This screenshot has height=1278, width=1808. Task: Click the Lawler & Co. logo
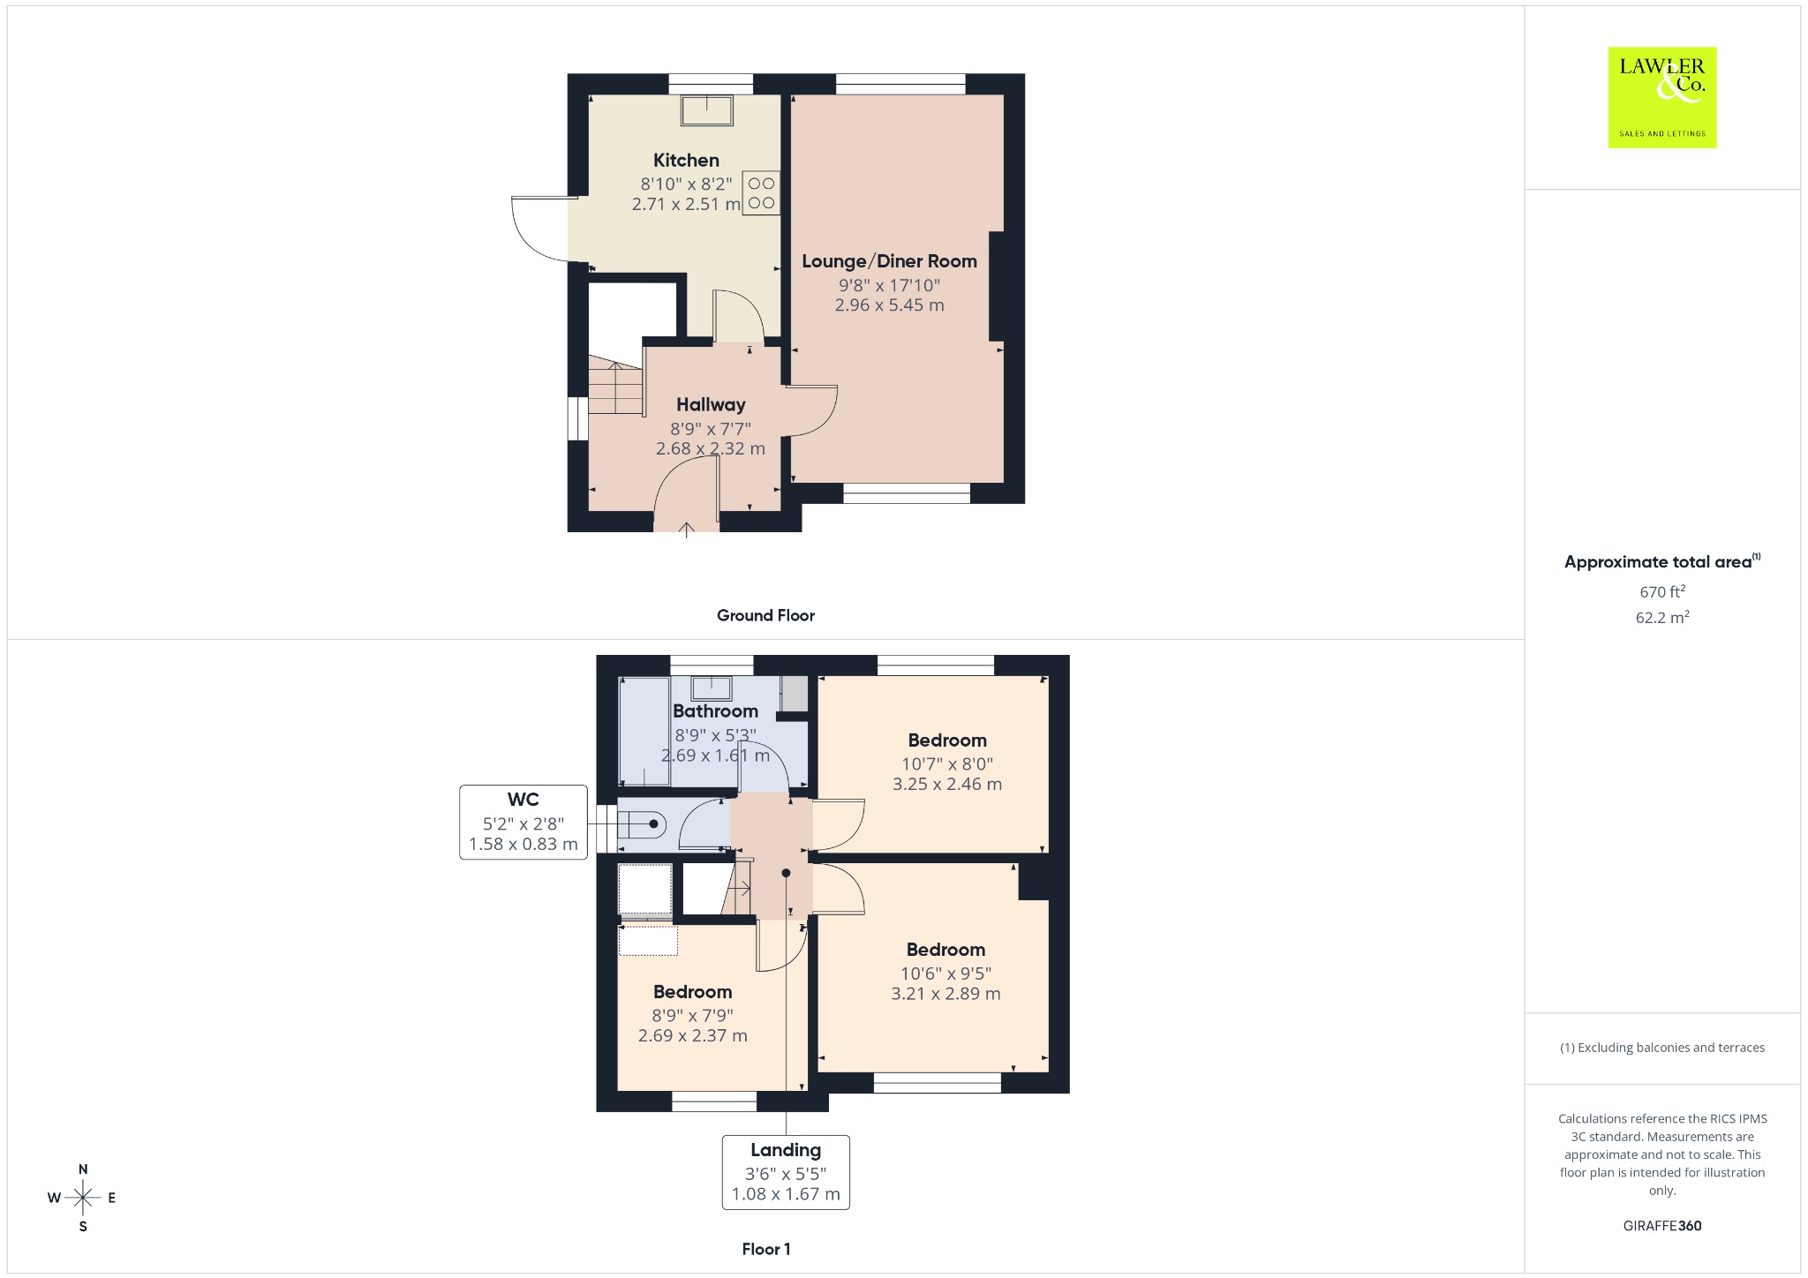[1662, 97]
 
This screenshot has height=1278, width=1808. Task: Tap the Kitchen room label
[686, 161]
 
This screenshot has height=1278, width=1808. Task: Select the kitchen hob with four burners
[761, 193]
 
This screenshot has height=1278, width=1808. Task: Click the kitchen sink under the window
[707, 110]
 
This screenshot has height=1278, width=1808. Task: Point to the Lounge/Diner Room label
[889, 261]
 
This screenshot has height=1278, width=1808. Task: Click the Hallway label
[711, 405]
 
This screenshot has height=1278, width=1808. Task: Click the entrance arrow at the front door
[686, 530]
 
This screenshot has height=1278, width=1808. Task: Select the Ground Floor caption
[765, 616]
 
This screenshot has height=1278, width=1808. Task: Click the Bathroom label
[715, 711]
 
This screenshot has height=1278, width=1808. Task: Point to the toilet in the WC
[641, 824]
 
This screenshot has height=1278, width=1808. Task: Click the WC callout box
[524, 822]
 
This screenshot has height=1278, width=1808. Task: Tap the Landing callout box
[786, 1172]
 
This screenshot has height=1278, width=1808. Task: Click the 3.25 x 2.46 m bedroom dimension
[947, 784]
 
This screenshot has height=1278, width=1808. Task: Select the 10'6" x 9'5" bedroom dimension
[945, 974]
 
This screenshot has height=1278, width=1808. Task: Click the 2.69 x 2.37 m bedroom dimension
[693, 1036]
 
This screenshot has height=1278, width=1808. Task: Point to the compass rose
[83, 1198]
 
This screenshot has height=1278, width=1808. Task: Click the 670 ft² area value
[1662, 591]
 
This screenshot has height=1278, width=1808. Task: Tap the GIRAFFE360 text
[1662, 1226]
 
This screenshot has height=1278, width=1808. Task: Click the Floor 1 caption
[766, 1249]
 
